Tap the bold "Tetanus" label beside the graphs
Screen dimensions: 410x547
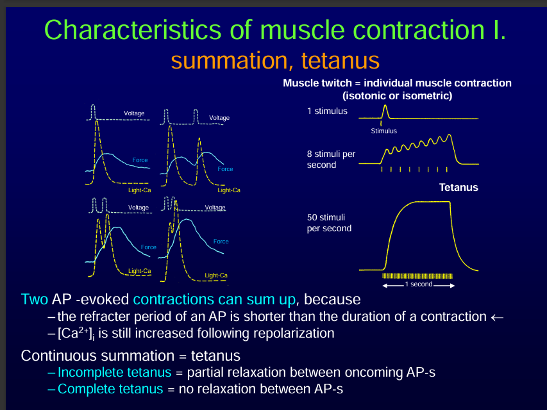pos(459,188)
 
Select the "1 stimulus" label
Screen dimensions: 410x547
pos(327,111)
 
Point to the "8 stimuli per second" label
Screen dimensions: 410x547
pos(331,160)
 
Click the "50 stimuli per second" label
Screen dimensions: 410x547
pos(329,223)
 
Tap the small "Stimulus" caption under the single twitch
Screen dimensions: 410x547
pos(383,131)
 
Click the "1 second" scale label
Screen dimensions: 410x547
pos(418,284)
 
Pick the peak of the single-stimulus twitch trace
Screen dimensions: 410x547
pos(385,107)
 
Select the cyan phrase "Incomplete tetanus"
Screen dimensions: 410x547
pos(115,373)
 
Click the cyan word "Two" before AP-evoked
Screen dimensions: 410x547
pos(34,299)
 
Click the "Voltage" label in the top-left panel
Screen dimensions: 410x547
pos(134,113)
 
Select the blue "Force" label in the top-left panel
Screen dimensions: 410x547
pos(140,159)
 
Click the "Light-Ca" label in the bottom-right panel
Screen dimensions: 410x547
pos(216,275)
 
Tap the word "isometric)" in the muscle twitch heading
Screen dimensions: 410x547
pos(427,96)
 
